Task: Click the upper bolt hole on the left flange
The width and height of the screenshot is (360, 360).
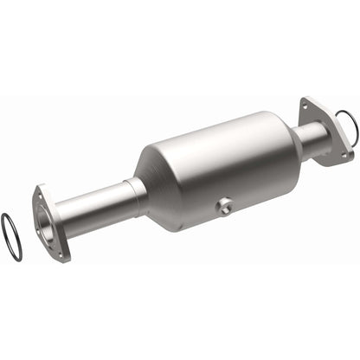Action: coord(39,192)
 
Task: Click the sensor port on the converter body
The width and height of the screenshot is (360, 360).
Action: coord(225,205)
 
